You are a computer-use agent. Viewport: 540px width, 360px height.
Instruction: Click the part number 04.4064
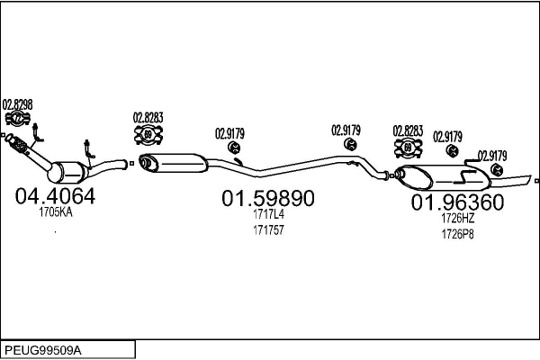(x=55, y=196)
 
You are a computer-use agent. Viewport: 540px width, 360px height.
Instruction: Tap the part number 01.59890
(x=268, y=199)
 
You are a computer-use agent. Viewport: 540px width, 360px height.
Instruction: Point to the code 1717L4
(x=268, y=215)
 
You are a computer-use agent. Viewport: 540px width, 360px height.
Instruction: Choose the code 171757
(x=268, y=230)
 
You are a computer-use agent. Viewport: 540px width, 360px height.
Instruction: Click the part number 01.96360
(x=457, y=203)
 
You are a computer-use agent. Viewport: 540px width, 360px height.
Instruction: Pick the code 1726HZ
(x=457, y=219)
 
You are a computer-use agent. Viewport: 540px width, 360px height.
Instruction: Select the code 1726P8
(x=457, y=234)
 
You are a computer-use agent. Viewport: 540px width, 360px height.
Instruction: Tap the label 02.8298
(x=18, y=104)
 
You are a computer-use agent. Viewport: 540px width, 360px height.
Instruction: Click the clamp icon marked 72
(x=17, y=118)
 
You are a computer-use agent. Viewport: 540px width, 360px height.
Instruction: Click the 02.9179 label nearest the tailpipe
(x=492, y=155)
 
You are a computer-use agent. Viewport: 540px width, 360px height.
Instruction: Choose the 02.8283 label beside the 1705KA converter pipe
(x=148, y=117)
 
